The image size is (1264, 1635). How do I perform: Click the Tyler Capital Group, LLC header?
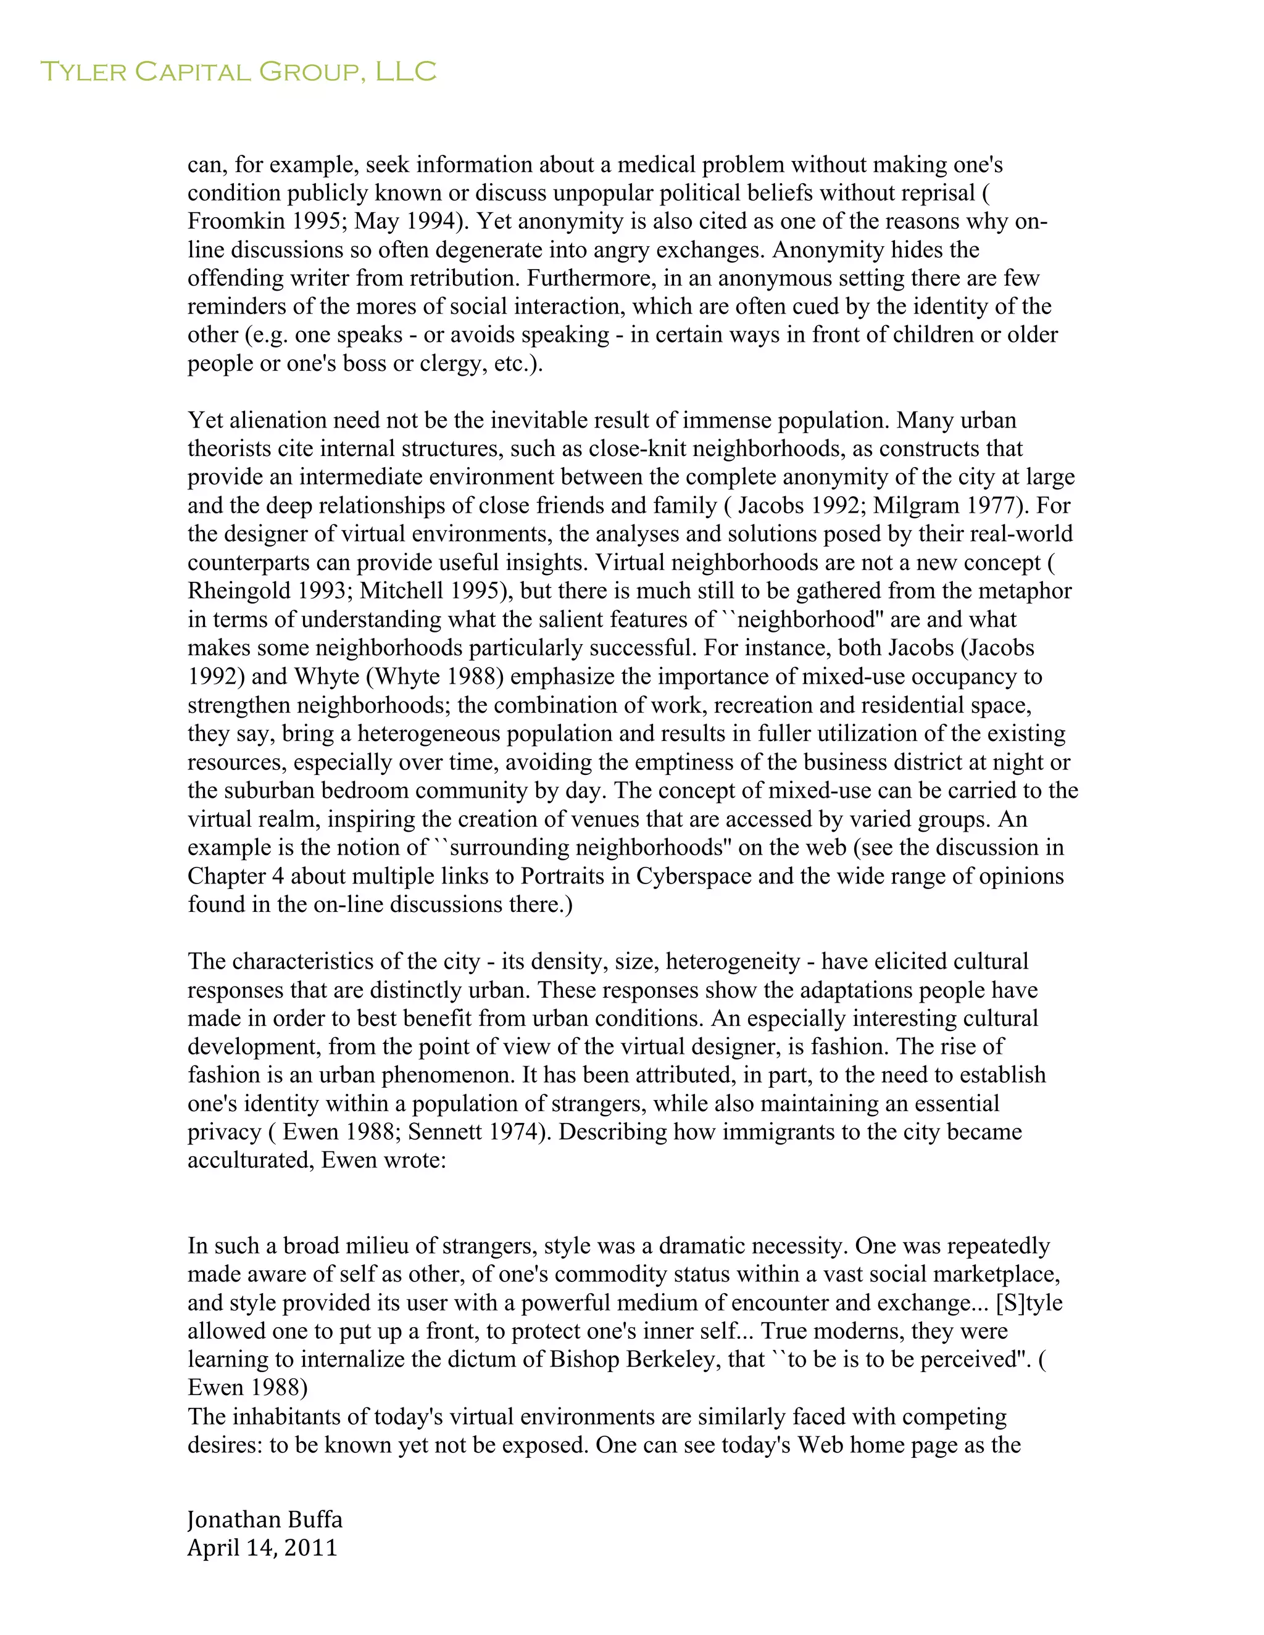[x=238, y=72]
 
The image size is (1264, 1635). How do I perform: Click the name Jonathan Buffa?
[x=264, y=1519]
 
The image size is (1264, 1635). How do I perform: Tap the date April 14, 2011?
[x=262, y=1547]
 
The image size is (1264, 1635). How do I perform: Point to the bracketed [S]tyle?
[x=1029, y=1302]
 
